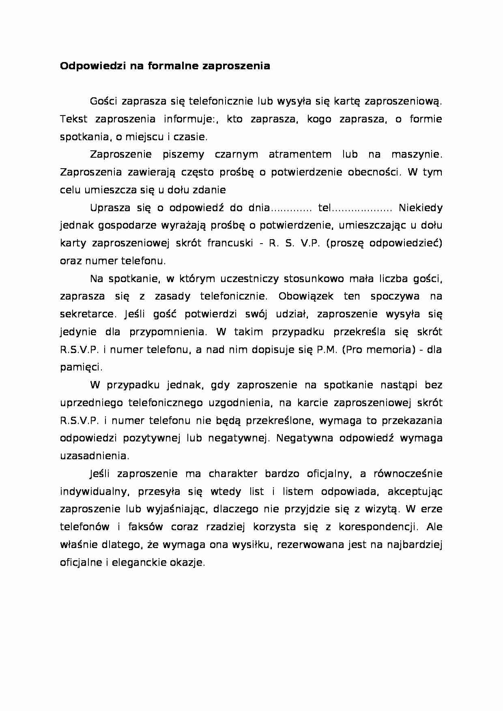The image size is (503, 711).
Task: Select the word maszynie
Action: [416, 154]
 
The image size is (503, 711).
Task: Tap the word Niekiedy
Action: [420, 208]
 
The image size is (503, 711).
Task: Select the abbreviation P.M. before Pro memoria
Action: [327, 349]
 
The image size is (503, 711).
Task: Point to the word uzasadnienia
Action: [94, 456]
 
